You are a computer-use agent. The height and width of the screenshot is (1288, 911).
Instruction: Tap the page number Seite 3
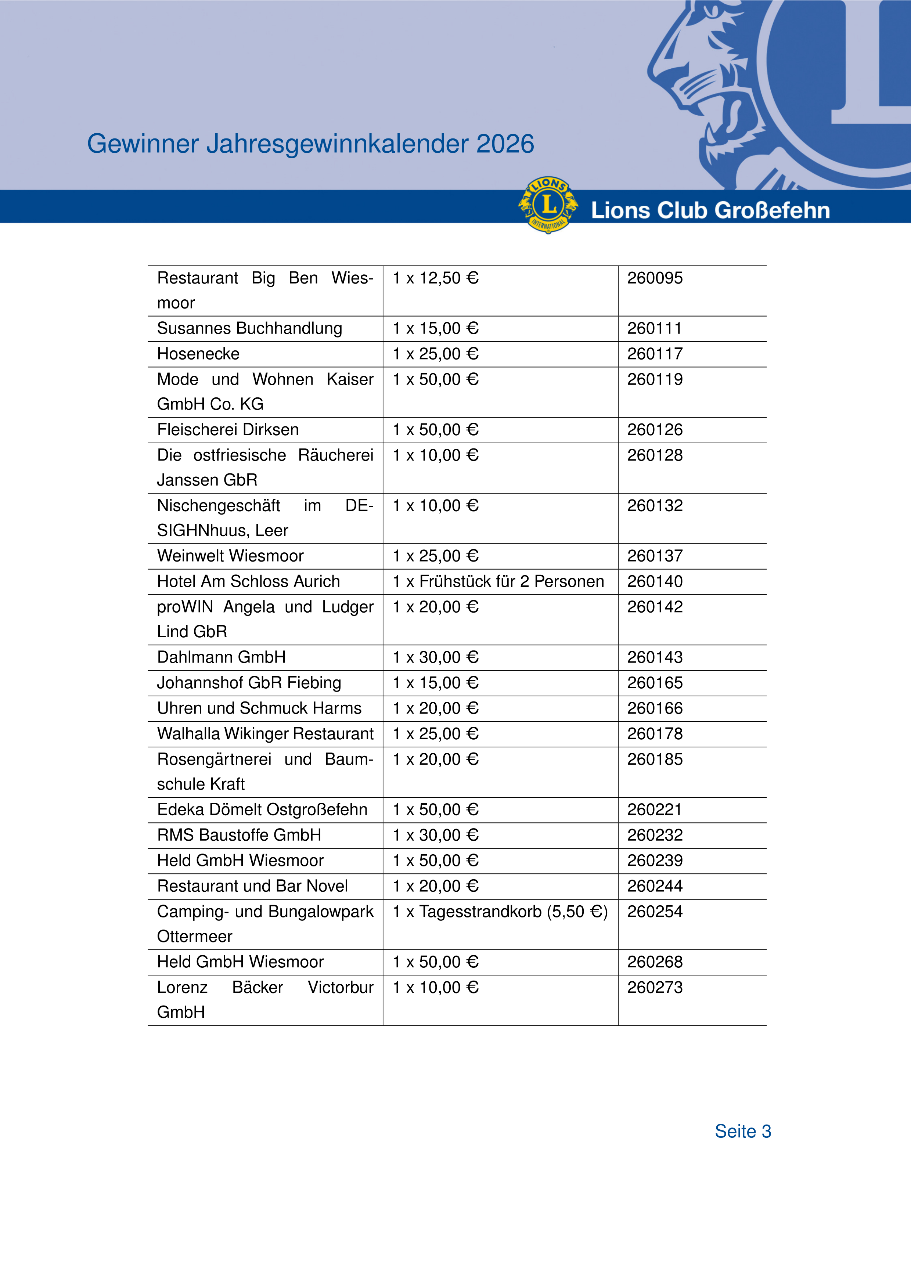coord(743,1131)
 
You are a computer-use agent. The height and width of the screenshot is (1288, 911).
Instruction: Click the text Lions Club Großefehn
coord(710,210)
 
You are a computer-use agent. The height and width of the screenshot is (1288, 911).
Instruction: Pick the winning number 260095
coord(655,278)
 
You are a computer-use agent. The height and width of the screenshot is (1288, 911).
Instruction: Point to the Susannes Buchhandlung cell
coord(250,328)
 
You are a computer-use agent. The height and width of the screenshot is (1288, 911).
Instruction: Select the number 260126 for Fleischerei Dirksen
coord(655,430)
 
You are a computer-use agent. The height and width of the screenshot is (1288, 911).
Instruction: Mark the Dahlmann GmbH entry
coord(222,657)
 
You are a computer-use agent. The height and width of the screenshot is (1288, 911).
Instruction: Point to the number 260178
coord(655,734)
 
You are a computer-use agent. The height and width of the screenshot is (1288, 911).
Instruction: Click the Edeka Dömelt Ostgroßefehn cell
coord(262,809)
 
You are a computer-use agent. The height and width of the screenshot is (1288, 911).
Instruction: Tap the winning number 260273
coord(655,987)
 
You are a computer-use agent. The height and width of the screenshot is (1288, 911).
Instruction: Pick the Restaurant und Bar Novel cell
coord(252,886)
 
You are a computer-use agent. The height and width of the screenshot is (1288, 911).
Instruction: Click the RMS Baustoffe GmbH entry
coord(239,835)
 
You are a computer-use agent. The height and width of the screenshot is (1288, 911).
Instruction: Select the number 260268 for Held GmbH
coord(655,962)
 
